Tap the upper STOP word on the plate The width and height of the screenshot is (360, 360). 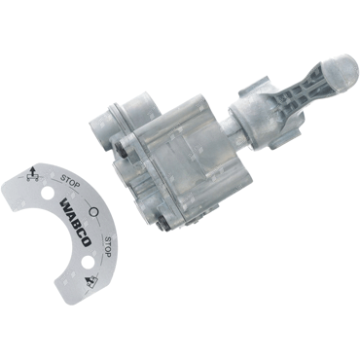point(70,182)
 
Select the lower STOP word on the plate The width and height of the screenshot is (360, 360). point(108,247)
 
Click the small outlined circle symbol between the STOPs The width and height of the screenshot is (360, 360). point(93,212)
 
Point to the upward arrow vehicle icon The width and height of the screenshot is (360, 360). point(31,174)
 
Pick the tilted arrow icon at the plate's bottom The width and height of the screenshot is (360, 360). point(91,282)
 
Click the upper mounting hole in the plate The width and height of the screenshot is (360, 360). point(47,194)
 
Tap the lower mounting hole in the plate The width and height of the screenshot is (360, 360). point(88,263)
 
